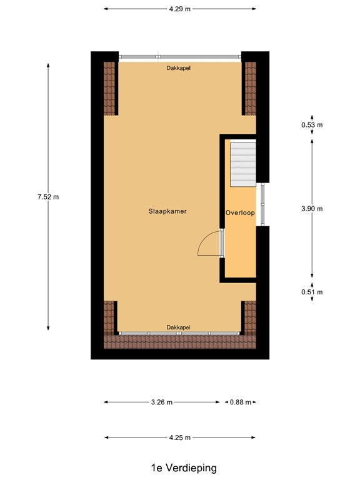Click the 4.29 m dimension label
[179, 9]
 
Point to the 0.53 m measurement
[312, 124]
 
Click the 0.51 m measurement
[312, 292]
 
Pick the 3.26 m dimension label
[161, 402]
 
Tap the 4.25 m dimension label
[179, 437]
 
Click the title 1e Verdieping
[179, 467]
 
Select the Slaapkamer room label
[167, 211]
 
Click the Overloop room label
[241, 212]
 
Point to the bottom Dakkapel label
[178, 327]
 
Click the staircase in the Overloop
[243, 164]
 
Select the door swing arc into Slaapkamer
[208, 244]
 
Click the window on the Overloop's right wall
[263, 204]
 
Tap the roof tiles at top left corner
[110, 87]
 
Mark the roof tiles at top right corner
[250, 87]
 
